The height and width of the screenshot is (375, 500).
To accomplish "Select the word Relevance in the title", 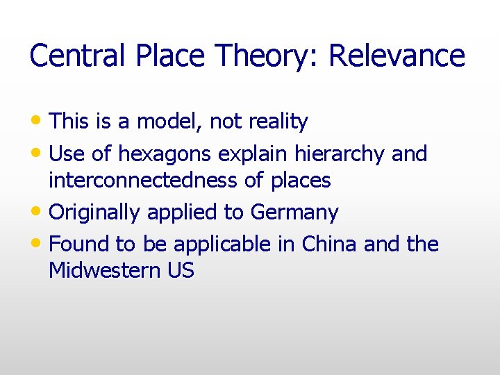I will coord(397,56).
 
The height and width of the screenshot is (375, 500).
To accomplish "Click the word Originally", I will coord(95,212).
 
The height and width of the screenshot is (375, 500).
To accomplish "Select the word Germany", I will coord(294,212).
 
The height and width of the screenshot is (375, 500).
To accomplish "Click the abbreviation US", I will coord(181,271).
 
